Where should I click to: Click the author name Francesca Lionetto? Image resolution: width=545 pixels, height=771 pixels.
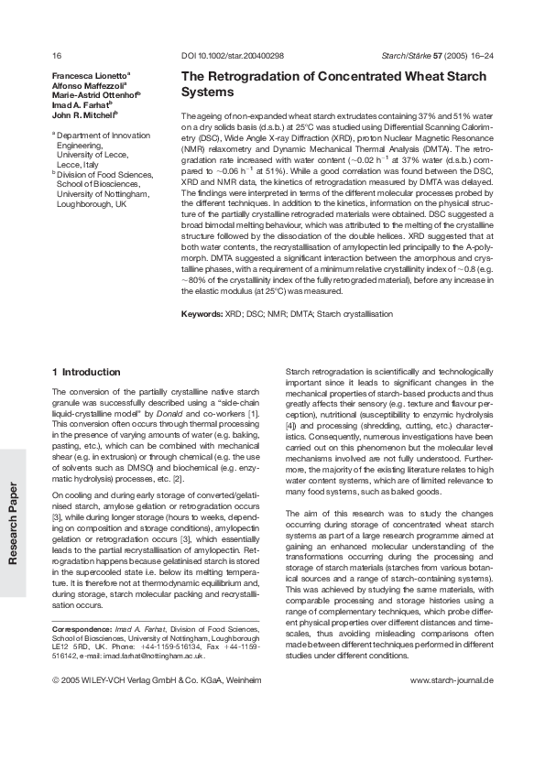point(90,75)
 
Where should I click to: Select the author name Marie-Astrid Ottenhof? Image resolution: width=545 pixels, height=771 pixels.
point(94,95)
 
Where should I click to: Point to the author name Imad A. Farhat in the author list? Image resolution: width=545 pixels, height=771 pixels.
point(83,105)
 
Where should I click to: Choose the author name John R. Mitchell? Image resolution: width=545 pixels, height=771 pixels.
point(84,115)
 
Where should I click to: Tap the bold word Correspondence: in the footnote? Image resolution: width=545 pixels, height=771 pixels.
point(81,630)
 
